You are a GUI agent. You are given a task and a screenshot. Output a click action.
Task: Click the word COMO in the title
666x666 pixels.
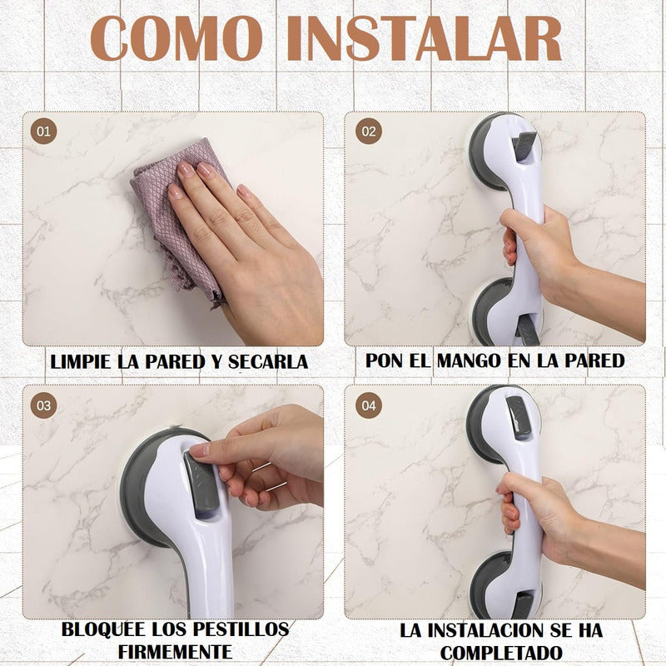pos(176,38)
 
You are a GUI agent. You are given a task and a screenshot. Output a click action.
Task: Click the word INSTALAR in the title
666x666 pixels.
pos(424,38)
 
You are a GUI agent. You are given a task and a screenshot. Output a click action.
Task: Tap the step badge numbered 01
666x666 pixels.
pos(43,132)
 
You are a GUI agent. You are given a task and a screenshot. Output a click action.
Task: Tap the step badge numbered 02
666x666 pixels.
pos(369,132)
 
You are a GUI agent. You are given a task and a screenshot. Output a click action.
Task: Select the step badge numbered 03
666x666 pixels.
pos(43,405)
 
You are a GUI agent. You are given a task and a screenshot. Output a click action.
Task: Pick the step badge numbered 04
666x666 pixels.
pos(369,405)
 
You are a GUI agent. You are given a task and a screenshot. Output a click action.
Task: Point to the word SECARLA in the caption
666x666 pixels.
pos(267,362)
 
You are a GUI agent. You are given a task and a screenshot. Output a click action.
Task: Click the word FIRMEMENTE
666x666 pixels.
pos(175,652)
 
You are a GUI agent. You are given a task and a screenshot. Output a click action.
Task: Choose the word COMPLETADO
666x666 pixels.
pos(501,653)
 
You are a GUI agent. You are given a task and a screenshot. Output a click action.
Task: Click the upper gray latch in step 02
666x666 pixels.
pos(524,147)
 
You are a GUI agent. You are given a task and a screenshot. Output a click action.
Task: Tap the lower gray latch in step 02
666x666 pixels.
pos(528,329)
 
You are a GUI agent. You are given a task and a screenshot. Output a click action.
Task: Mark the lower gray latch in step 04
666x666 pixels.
pos(523,605)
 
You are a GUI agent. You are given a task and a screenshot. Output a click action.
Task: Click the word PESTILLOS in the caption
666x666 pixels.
pos(241,629)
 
